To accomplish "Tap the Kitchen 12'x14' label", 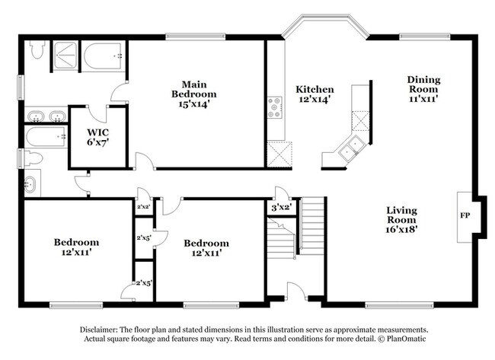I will pyautogui.click(x=314, y=94).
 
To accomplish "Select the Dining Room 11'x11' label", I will pyautogui.click(x=423, y=88).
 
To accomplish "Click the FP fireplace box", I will pyautogui.click(x=465, y=216).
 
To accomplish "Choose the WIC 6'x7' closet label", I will pyautogui.click(x=97, y=137).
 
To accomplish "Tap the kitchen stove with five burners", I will pyautogui.click(x=275, y=107).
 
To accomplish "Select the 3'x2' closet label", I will pyautogui.click(x=283, y=207).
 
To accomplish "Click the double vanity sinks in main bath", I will pyautogui.click(x=45, y=116).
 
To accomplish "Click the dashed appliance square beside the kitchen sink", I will pyautogui.click(x=359, y=117).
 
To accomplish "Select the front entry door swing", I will pyautogui.click(x=295, y=290).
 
